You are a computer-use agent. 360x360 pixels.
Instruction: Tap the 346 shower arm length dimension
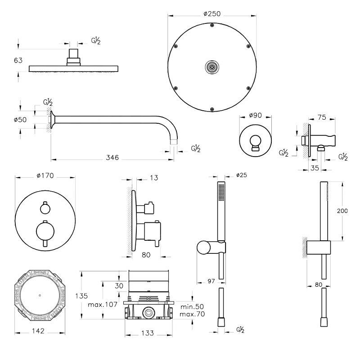pyautogui.click(x=112, y=158)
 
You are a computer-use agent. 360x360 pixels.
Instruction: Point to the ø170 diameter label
pyautogui.click(x=45, y=176)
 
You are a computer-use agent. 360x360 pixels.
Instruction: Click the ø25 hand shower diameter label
pyautogui.click(x=241, y=175)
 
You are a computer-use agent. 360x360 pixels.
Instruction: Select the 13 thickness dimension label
pyautogui.click(x=154, y=179)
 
